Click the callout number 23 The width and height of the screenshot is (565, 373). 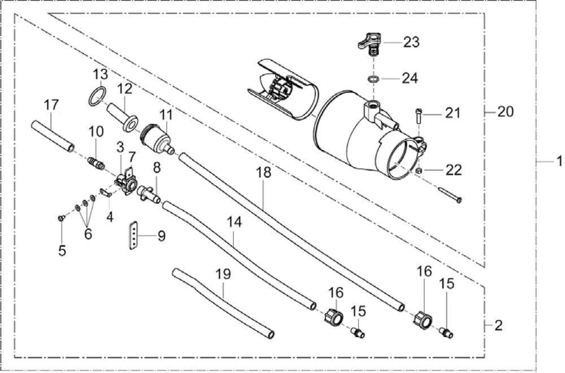[x=411, y=42]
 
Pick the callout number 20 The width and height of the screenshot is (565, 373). [x=505, y=112]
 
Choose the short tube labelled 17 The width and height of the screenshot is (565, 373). [x=53, y=135]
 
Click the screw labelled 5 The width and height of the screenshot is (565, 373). [x=61, y=217]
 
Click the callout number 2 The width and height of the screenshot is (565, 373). [x=498, y=326]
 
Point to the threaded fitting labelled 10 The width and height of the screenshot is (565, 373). [x=96, y=164]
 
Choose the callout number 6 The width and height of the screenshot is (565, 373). [x=88, y=234]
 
